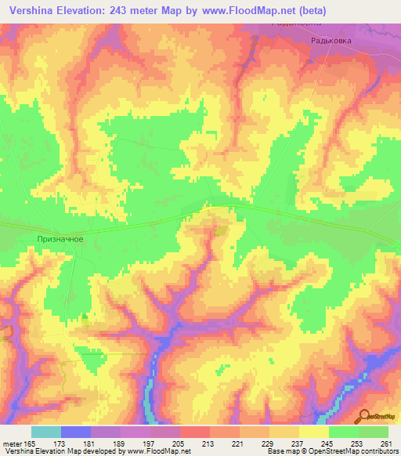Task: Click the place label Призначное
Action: (60, 235)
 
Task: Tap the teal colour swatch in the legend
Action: (46, 432)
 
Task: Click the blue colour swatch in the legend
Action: (76, 432)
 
